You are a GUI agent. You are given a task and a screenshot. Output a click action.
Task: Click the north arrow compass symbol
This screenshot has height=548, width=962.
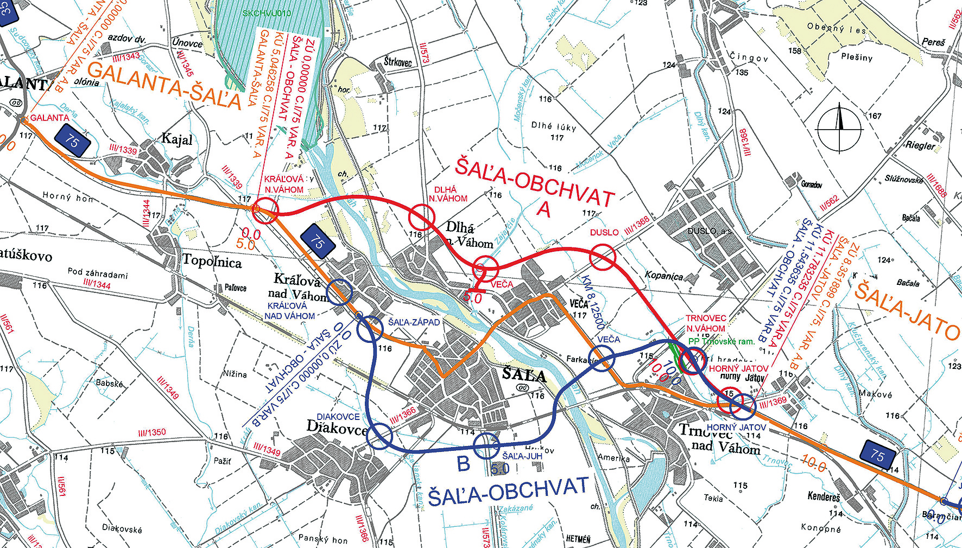coord(839,129)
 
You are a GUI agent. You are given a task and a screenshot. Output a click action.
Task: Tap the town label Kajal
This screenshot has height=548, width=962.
coord(177,139)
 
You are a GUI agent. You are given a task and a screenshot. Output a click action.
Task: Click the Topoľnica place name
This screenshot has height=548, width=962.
coord(212,262)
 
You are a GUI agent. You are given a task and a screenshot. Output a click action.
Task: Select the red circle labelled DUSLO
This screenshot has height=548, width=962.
coord(603,257)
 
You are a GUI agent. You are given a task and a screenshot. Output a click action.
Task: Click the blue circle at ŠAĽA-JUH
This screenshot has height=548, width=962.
coord(486,446)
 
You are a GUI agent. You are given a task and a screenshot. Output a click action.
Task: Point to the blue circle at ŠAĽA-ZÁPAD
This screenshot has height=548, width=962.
coord(370,329)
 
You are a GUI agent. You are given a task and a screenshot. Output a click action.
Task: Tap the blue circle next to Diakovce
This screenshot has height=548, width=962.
coord(380,436)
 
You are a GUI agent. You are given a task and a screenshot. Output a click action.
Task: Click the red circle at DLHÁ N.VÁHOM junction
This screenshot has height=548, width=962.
coord(422,217)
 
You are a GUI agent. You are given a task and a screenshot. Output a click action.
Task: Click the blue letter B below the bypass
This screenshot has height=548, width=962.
coord(463,464)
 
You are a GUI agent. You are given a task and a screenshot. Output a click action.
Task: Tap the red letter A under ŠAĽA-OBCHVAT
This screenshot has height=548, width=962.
coord(543,208)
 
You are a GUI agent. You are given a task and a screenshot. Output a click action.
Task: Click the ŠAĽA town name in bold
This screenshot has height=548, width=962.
coord(523,374)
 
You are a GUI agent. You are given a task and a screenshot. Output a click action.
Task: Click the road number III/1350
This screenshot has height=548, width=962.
coord(151,432)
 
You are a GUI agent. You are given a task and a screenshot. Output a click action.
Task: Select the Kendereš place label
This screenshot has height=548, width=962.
coord(824,496)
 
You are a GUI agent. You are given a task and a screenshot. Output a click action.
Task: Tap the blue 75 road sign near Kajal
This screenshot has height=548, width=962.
coord(72,141)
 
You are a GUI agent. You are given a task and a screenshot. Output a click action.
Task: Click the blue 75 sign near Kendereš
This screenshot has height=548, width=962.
coord(877,456)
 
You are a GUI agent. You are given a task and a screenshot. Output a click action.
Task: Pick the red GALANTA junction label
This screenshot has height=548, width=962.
coord(49,118)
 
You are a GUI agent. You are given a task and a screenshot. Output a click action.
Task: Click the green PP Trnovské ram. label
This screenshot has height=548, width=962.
coord(721,341)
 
